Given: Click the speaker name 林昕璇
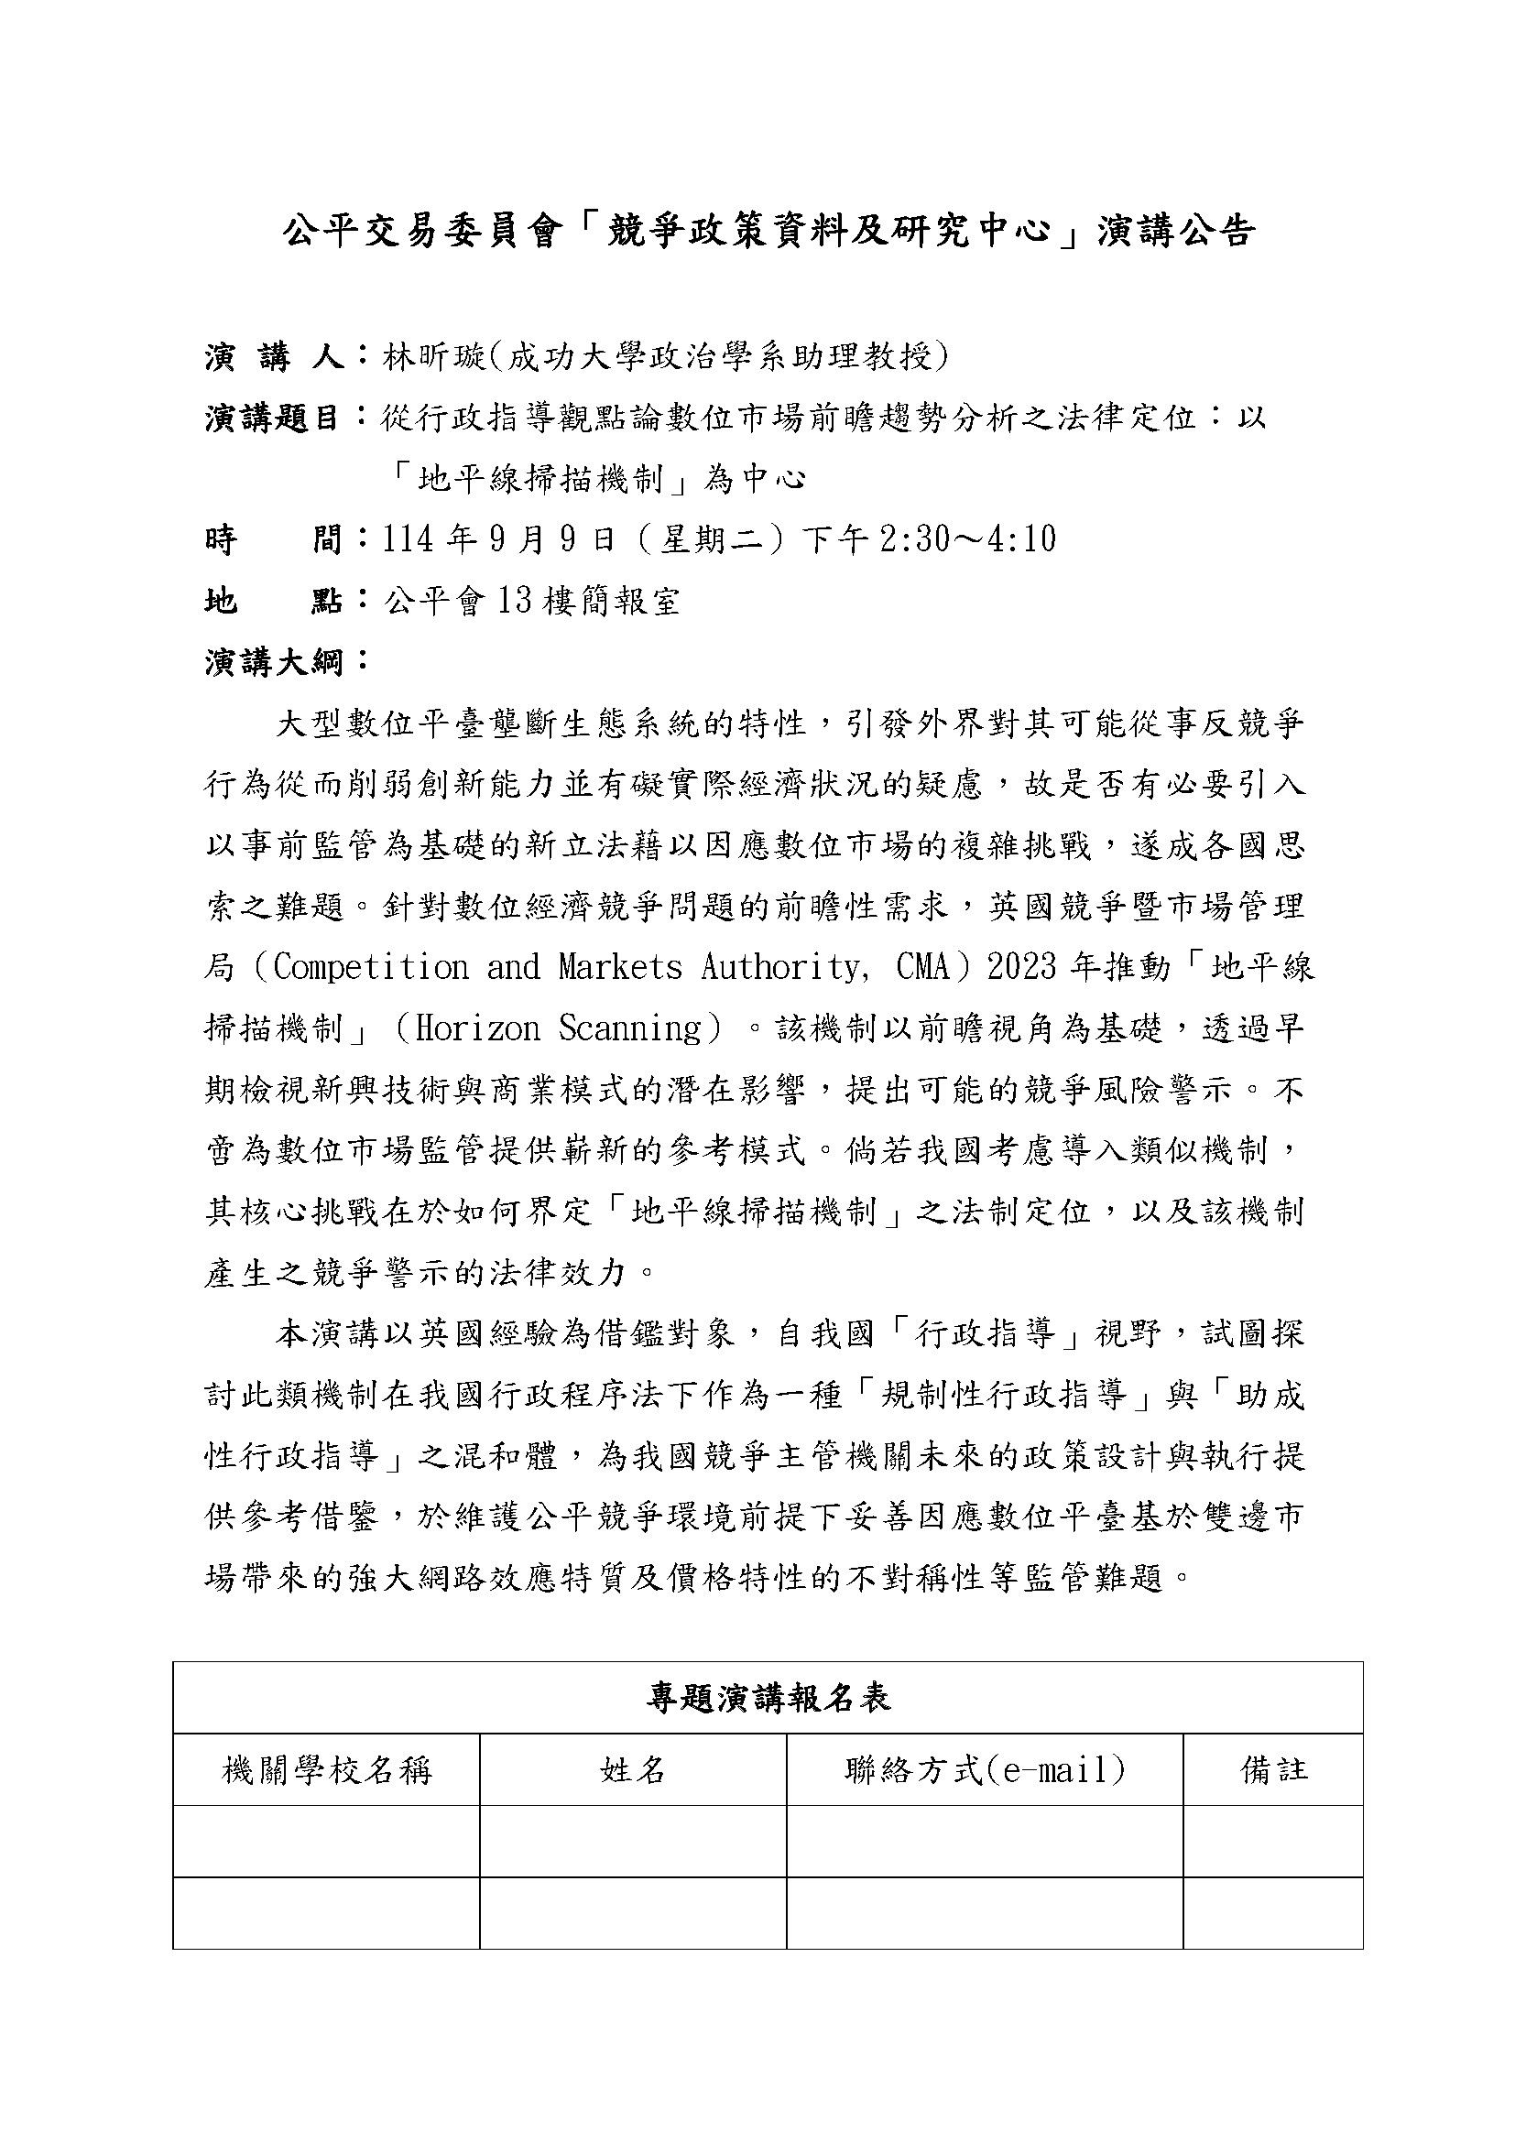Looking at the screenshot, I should (x=435, y=356).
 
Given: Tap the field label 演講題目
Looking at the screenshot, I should (x=271, y=417).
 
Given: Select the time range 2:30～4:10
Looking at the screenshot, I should (x=967, y=539).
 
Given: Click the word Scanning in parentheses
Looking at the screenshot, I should (x=629, y=1028).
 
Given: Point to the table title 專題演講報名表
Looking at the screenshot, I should (x=768, y=1698).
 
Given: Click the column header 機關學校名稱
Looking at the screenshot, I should (x=326, y=1770).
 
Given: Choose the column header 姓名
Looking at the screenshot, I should (x=633, y=1770).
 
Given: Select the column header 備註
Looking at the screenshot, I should (x=1273, y=1770).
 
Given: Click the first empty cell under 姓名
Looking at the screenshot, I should (x=633, y=1842).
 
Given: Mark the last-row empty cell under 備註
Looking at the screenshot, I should (x=1273, y=1912).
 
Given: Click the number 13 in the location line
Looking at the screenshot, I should (x=514, y=601).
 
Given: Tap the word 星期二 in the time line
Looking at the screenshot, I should (x=714, y=539).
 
